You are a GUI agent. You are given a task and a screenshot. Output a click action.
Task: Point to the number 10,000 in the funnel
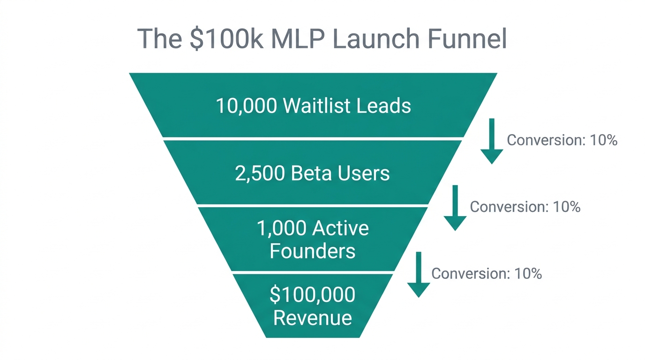[246, 106]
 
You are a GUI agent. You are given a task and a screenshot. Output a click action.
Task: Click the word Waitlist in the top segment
[316, 106]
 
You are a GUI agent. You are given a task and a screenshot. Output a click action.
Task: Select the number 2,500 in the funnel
[260, 173]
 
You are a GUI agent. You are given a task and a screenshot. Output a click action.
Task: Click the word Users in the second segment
[363, 173]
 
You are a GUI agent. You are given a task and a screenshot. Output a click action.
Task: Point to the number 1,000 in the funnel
[282, 229]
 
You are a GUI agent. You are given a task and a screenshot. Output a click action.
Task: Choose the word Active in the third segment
[341, 229]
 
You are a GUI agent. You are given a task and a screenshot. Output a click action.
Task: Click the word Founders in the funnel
[312, 251]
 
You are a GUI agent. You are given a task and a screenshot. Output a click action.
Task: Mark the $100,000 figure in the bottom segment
[312, 295]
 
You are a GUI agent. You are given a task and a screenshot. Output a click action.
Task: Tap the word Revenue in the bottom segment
[312, 318]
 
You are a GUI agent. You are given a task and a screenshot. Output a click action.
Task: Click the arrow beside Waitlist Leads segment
[492, 141]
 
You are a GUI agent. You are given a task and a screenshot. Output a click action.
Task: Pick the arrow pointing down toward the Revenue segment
[418, 275]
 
